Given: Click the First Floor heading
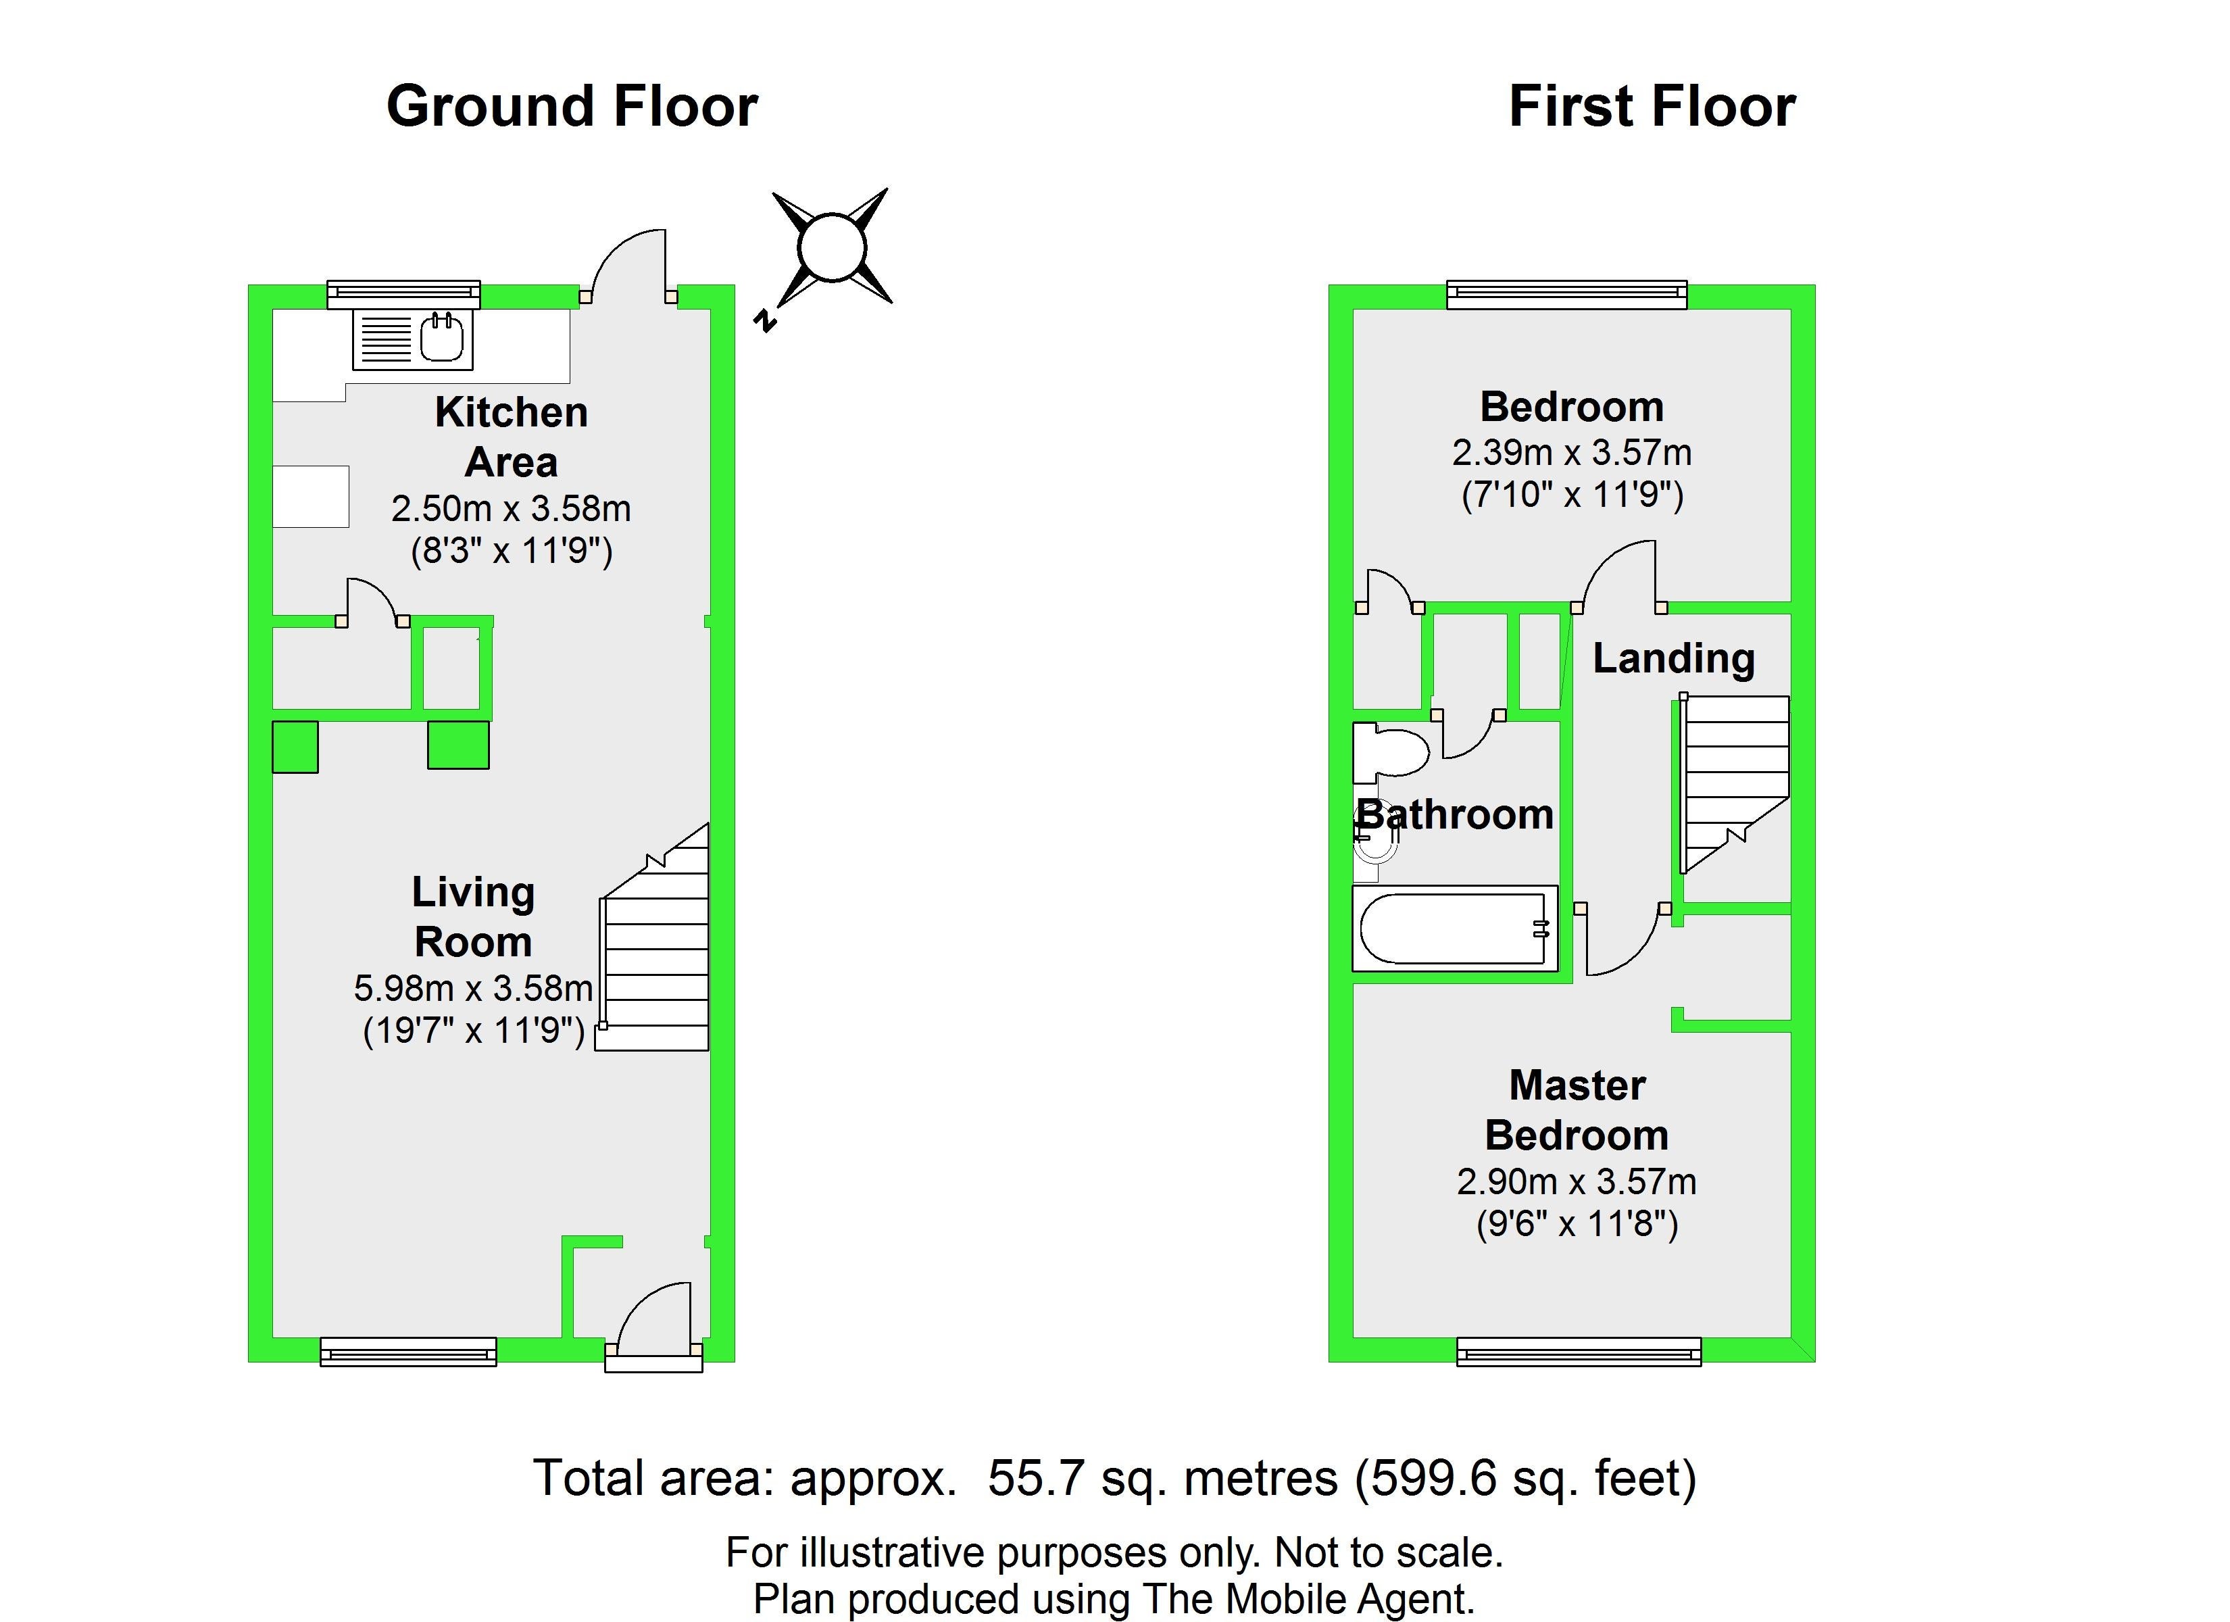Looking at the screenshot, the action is [1652, 106].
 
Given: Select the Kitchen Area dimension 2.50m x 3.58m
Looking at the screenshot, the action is [512, 508].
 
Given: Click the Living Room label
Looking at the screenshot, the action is [473, 916].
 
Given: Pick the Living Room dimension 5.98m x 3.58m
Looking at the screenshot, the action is [473, 987].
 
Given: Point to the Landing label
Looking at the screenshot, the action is [1673, 659].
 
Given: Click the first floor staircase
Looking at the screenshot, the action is [1733, 784].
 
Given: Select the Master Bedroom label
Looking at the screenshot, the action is [1577, 1110].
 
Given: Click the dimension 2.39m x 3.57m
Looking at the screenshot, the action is [1572, 452].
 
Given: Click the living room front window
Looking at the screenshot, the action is [408, 1352].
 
